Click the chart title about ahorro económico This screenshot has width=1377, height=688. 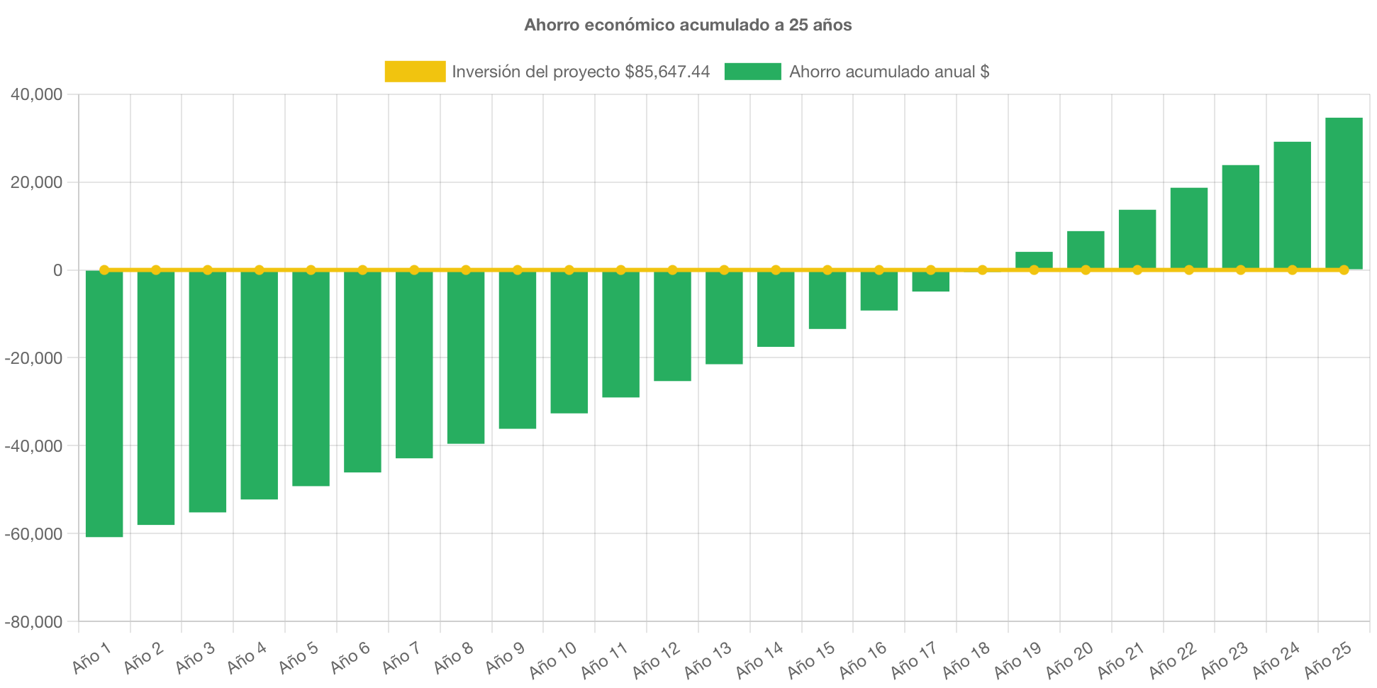tap(688, 25)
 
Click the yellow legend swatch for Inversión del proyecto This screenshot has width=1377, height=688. tap(415, 72)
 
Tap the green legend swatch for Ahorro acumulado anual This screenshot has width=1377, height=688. tap(752, 72)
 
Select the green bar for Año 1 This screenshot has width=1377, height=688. tap(104, 404)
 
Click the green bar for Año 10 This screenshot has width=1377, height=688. tap(569, 342)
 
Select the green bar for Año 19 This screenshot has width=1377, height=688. tap(1034, 260)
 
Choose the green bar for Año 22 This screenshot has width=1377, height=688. tap(1189, 227)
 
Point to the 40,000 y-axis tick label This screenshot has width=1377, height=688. tap(36, 95)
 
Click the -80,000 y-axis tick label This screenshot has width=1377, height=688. tap(33, 623)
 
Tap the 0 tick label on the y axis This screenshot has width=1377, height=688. tap(57, 270)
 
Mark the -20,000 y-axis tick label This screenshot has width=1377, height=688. tap(33, 359)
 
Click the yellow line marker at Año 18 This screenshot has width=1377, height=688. tap(982, 270)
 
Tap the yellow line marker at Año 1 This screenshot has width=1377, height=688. tap(104, 270)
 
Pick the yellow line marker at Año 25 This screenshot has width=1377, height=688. tap(1344, 270)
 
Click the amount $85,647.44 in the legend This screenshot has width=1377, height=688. tap(667, 72)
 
